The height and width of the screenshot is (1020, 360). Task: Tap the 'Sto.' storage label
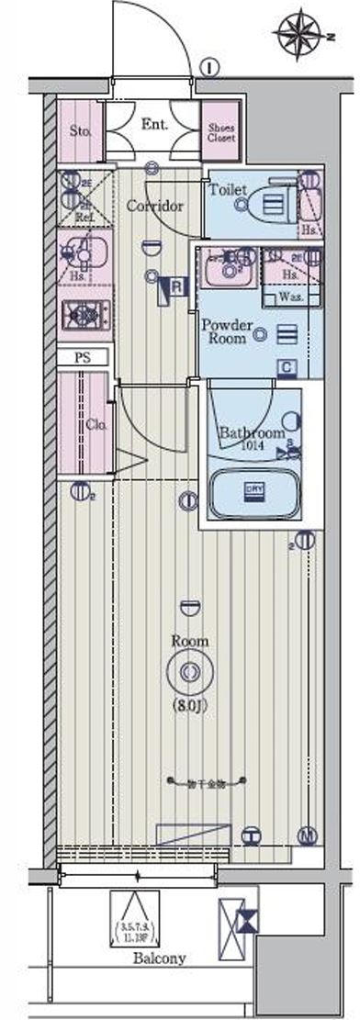80,130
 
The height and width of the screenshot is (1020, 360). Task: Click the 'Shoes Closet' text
221,132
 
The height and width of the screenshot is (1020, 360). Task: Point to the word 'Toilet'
228,189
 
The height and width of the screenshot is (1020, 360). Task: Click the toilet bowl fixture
267,204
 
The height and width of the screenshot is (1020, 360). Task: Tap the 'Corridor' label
154,206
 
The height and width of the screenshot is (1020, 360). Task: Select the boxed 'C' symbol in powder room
287,367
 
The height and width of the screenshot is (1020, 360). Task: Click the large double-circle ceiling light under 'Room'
188,673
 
